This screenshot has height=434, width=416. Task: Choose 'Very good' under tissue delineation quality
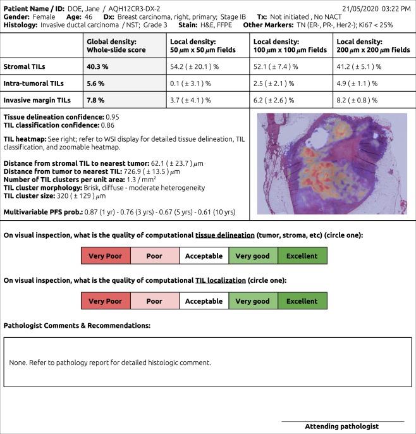[252, 256]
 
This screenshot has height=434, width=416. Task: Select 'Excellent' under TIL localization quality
[302, 301]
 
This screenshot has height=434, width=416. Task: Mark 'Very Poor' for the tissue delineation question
[105, 256]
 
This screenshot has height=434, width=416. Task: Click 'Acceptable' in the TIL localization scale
[204, 301]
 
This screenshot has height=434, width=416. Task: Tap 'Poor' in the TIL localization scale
[154, 301]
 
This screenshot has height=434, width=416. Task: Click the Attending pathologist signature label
[341, 426]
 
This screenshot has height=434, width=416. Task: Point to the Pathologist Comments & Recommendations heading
[76, 325]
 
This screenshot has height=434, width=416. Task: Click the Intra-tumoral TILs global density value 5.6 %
[95, 82]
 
